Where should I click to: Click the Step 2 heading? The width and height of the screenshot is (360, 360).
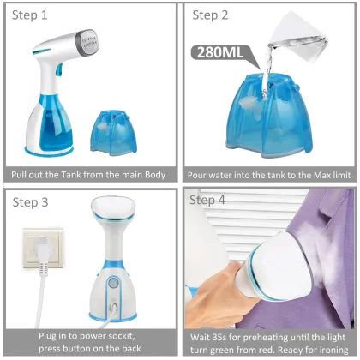211,15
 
